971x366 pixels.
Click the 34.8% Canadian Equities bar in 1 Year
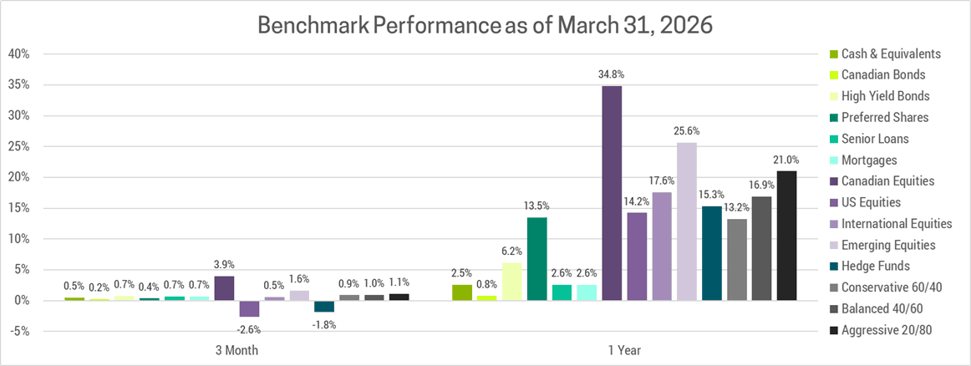pyautogui.click(x=612, y=193)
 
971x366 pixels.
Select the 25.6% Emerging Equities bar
pyautogui.click(x=687, y=221)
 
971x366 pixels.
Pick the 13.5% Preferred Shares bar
pyautogui.click(x=536, y=258)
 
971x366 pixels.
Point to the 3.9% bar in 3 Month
pyautogui.click(x=224, y=287)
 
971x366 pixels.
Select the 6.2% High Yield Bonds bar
pyautogui.click(x=511, y=281)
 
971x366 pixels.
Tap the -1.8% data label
pyautogui.click(x=324, y=324)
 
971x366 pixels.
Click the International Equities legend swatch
pyautogui.click(x=825, y=225)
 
